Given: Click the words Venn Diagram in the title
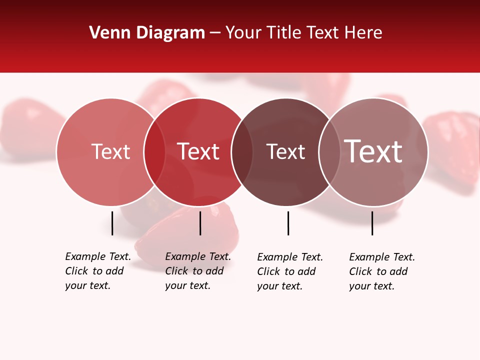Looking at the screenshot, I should click(x=147, y=33).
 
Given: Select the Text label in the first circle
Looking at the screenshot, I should click(x=110, y=151).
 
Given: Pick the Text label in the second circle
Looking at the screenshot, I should click(x=198, y=151).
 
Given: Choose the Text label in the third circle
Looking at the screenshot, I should click(x=285, y=151).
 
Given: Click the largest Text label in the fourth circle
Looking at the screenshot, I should click(x=373, y=151).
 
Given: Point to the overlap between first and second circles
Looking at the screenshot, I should click(x=154, y=152).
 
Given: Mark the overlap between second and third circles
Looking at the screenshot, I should click(x=242, y=152).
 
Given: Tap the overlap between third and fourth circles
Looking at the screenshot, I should click(x=329, y=152).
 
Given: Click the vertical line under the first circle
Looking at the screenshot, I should click(x=112, y=223).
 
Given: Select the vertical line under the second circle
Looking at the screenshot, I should click(x=200, y=223).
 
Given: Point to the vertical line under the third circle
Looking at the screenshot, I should click(x=288, y=223).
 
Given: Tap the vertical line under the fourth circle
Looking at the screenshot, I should click(x=372, y=223).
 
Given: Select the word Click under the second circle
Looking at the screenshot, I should click(x=176, y=271).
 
